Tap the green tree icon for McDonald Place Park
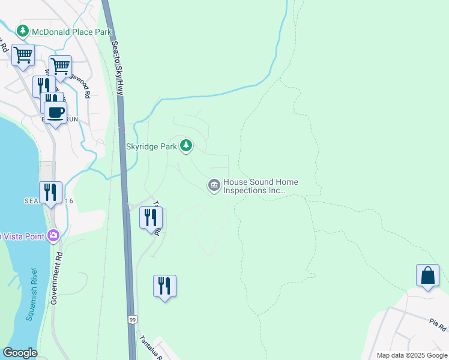(23, 30)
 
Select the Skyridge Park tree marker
(186, 145)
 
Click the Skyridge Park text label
(152, 146)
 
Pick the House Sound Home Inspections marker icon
(214, 186)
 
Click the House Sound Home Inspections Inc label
(261, 186)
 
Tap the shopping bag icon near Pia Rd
(427, 276)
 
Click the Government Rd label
(58, 277)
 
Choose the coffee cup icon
(55, 112)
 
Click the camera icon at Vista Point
(54, 236)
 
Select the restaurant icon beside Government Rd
(50, 193)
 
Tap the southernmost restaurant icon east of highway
(164, 286)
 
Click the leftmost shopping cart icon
(23, 56)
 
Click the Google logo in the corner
(20, 353)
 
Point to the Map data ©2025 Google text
(412, 355)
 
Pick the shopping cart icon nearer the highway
(60, 66)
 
